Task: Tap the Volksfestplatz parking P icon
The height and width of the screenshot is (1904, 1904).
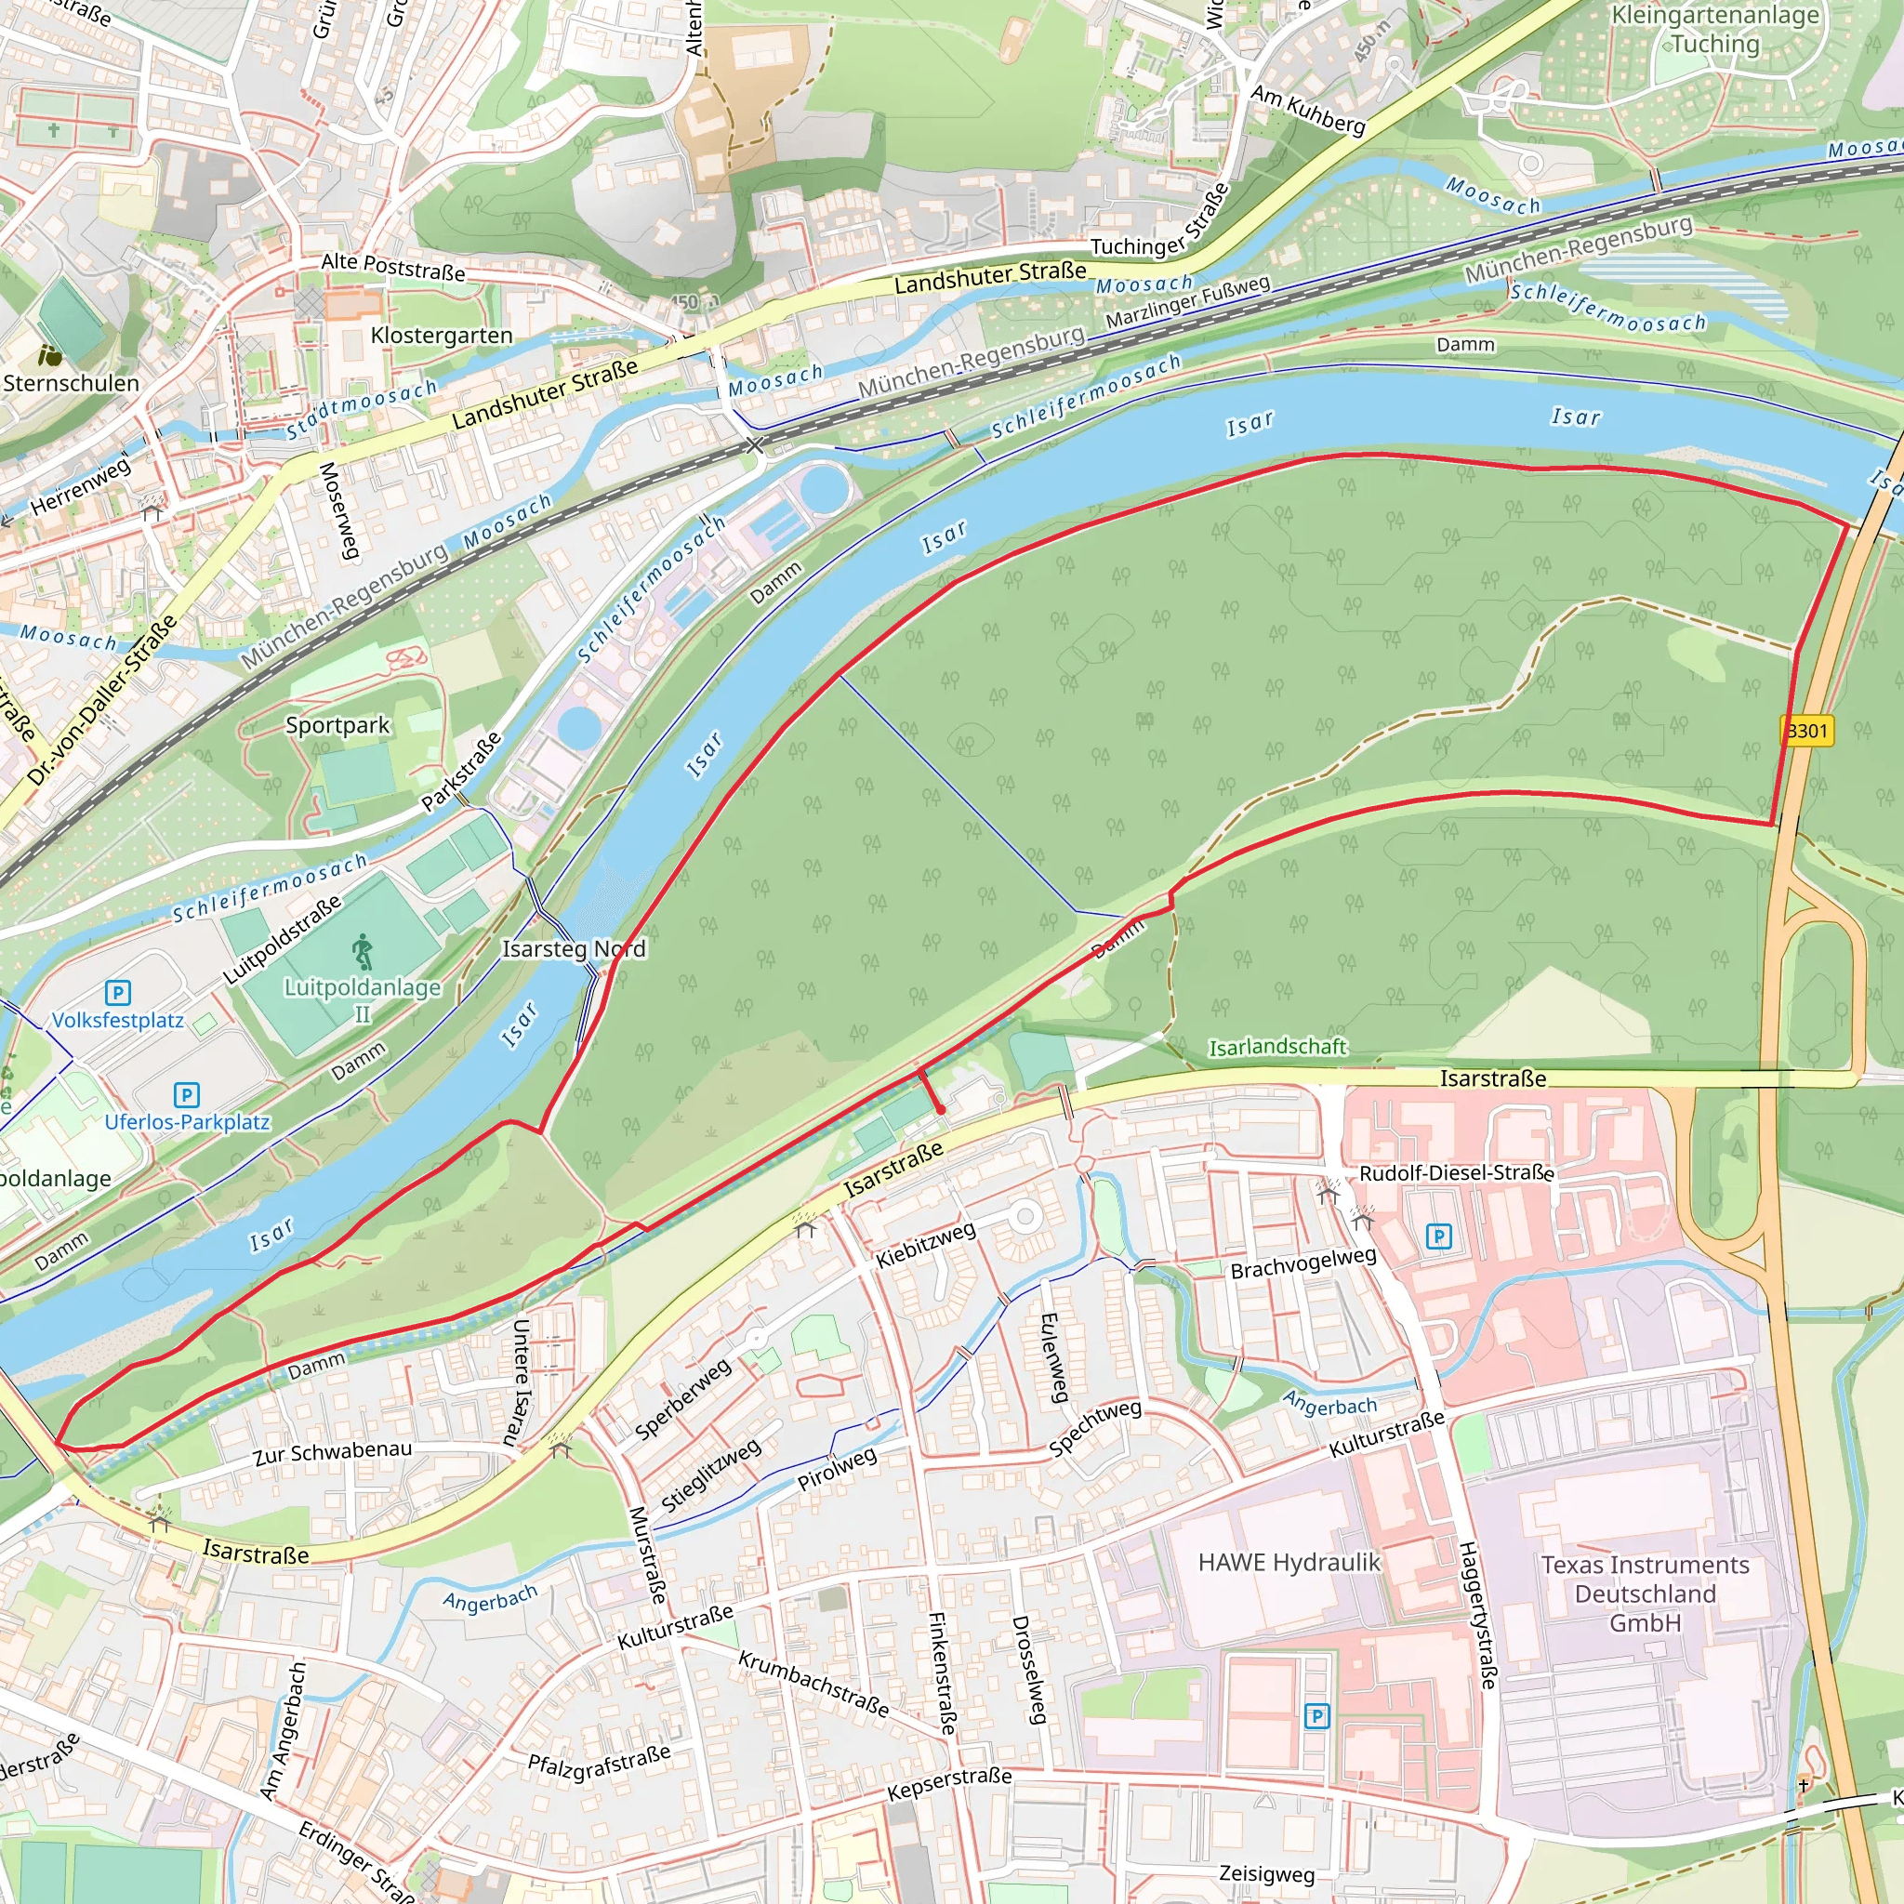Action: pyautogui.click(x=117, y=992)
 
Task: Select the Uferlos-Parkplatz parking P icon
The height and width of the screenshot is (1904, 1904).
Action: pyautogui.click(x=186, y=1095)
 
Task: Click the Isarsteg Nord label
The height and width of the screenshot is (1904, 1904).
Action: pyautogui.click(x=574, y=948)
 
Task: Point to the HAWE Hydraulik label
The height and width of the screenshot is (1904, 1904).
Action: pyautogui.click(x=1289, y=1562)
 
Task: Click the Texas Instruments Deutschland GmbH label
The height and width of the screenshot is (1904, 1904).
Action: pyautogui.click(x=1645, y=1593)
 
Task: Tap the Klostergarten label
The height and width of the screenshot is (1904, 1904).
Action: pyautogui.click(x=442, y=335)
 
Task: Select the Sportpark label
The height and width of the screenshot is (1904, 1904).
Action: pyautogui.click(x=337, y=725)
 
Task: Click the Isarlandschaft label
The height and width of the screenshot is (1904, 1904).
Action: pyautogui.click(x=1277, y=1047)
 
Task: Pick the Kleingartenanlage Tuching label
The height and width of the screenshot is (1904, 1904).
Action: pyautogui.click(x=1714, y=30)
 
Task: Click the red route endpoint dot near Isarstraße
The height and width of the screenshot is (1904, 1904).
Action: pyautogui.click(x=941, y=1110)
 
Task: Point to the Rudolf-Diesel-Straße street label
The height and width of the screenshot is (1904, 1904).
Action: pyautogui.click(x=1457, y=1172)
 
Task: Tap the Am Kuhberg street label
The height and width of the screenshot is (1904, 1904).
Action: pyautogui.click(x=1308, y=110)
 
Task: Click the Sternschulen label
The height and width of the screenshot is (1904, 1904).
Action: pyautogui.click(x=71, y=382)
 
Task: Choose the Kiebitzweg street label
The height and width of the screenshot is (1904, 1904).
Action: pyautogui.click(x=925, y=1244)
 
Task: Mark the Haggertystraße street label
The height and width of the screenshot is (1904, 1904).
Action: pyautogui.click(x=1477, y=1616)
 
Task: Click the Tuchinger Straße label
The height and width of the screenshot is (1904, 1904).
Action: pyautogui.click(x=1161, y=222)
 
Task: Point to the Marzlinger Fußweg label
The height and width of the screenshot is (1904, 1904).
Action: pyautogui.click(x=1187, y=302)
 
